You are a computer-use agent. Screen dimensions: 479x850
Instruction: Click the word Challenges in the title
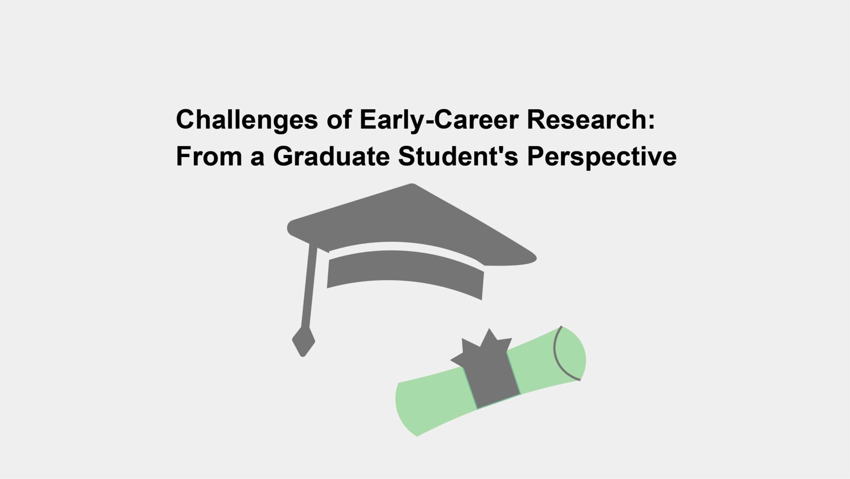247,120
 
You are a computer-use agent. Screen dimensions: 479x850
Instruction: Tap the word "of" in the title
339,120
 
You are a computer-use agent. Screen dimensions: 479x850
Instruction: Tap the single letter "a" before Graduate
257,158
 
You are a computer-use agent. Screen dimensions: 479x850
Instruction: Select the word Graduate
331,156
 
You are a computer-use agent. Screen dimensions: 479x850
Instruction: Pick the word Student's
458,156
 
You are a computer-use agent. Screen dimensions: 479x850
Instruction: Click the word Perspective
602,157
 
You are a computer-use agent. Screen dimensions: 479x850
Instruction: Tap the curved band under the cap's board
405,270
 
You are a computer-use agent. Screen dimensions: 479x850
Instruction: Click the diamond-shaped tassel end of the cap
303,342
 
